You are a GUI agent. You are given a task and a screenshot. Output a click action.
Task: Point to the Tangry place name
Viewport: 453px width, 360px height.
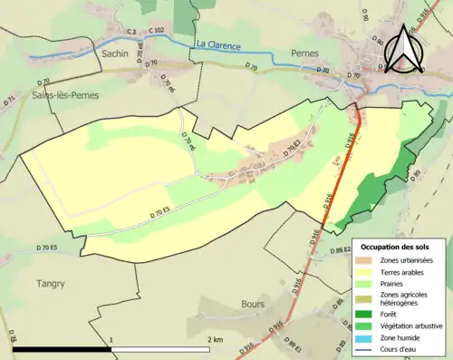(x=50, y=284)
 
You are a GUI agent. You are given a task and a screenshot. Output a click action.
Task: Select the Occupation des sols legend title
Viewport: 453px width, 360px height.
(x=396, y=247)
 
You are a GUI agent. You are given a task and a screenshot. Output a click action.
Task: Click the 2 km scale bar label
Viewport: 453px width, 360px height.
(x=214, y=339)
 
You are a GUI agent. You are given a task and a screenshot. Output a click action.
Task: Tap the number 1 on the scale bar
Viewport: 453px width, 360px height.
(x=111, y=339)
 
